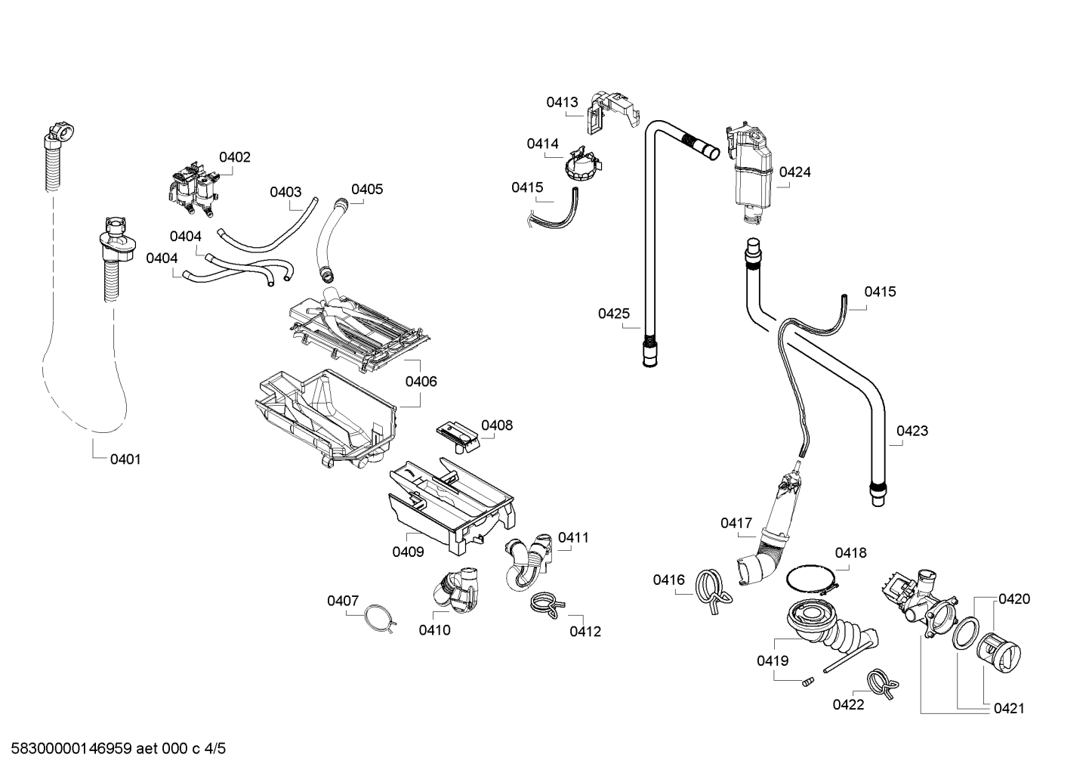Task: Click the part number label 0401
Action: tap(125, 459)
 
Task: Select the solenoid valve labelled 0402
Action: tap(192, 189)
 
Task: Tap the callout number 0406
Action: tap(421, 382)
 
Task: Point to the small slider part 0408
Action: tap(458, 437)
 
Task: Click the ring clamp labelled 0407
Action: tap(381, 617)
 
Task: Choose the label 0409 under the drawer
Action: tap(408, 552)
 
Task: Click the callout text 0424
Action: tap(794, 172)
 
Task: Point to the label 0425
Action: tap(614, 313)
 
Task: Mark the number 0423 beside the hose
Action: tap(912, 431)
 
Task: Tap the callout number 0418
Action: tap(850, 553)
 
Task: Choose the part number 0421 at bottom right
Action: tap(1009, 709)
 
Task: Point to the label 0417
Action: tap(736, 523)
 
